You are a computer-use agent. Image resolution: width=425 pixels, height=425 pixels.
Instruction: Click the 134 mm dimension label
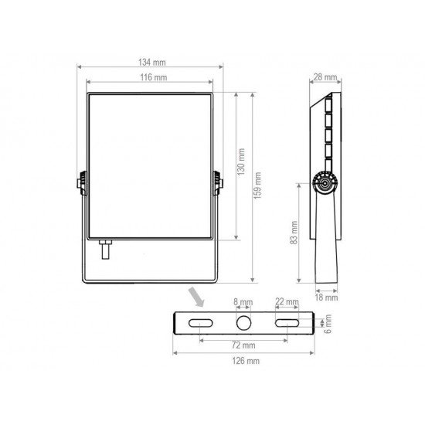click(152, 62)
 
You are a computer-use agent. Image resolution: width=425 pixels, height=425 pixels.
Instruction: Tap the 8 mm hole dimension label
click(243, 301)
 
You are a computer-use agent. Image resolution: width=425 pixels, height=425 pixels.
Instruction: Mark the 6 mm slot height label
click(328, 321)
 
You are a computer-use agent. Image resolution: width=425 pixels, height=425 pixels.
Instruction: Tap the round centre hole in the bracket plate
click(243, 321)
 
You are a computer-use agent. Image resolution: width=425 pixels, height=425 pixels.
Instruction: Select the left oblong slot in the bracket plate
click(200, 321)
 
